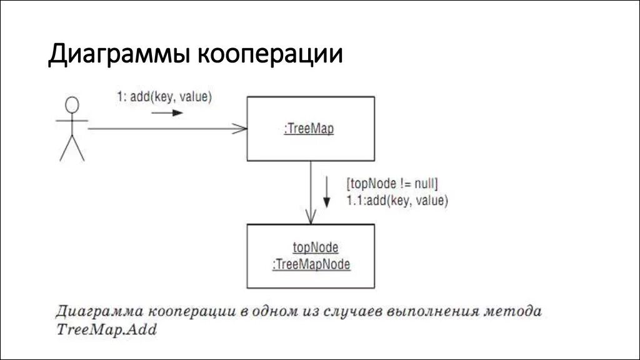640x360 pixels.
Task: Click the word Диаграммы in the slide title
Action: click(x=119, y=54)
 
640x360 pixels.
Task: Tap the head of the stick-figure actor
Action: click(x=73, y=104)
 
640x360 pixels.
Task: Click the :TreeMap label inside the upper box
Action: click(x=309, y=129)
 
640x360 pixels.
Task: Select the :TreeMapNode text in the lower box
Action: click(x=311, y=264)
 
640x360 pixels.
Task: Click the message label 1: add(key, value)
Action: click(x=164, y=97)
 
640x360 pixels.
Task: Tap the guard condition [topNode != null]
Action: click(x=392, y=184)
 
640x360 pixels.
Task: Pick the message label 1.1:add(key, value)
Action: click(x=397, y=201)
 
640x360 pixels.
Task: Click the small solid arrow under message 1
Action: click(x=167, y=113)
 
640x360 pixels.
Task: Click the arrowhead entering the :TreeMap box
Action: click(x=241, y=129)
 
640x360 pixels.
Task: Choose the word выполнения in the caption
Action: click(x=427, y=311)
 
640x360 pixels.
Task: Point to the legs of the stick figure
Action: click(x=72, y=149)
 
